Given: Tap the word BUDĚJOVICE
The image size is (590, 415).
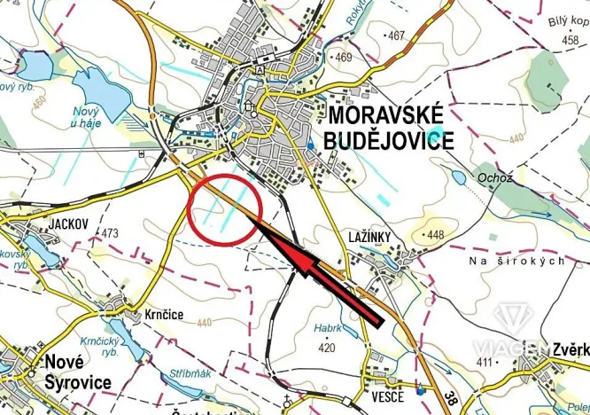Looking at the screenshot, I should point(391,140).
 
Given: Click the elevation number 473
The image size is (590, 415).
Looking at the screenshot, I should point(110,233).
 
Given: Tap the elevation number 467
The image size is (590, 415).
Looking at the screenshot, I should point(395,35).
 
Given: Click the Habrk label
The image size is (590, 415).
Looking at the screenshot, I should point(328,327).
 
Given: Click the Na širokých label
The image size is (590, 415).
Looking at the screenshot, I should point(518,262).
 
